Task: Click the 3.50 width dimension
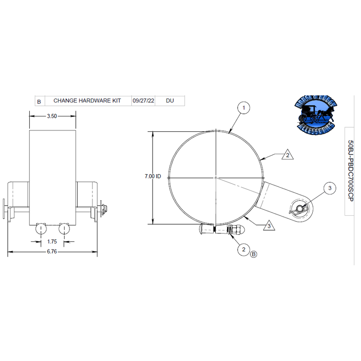coord(52,116)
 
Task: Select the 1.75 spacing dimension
coord(53,241)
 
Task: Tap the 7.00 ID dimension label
coord(153,177)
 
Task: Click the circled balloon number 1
coord(244,108)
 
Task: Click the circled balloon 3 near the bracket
coord(329,188)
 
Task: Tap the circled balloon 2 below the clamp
coord(244,249)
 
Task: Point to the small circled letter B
coord(254,255)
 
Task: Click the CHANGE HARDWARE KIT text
coord(87,101)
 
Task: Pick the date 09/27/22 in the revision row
coord(143,101)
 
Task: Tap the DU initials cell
coord(170,101)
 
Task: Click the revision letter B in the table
coord(39,102)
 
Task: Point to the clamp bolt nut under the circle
coord(235,230)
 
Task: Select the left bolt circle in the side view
coord(41,229)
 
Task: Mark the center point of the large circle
coord(216,177)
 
